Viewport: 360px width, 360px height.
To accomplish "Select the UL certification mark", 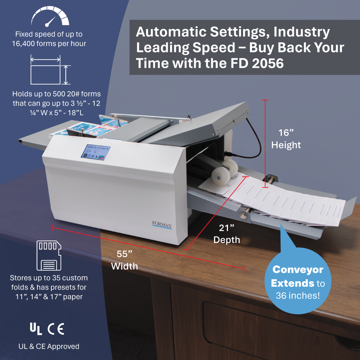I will pyautogui.click(x=36, y=329).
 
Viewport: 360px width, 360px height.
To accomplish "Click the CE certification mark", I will pyautogui.click(x=56, y=329).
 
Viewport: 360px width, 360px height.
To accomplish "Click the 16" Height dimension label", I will pyautogui.click(x=286, y=139).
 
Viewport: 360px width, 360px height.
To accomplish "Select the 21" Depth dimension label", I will pyautogui.click(x=227, y=233).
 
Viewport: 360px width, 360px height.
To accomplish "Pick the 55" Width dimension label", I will pyautogui.click(x=124, y=260).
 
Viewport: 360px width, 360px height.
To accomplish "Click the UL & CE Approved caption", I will pyautogui.click(x=49, y=346).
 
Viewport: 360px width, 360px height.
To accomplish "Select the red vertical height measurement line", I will pyautogui.click(x=265, y=144).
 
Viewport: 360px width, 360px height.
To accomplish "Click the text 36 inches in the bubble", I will pyautogui.click(x=298, y=295).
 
